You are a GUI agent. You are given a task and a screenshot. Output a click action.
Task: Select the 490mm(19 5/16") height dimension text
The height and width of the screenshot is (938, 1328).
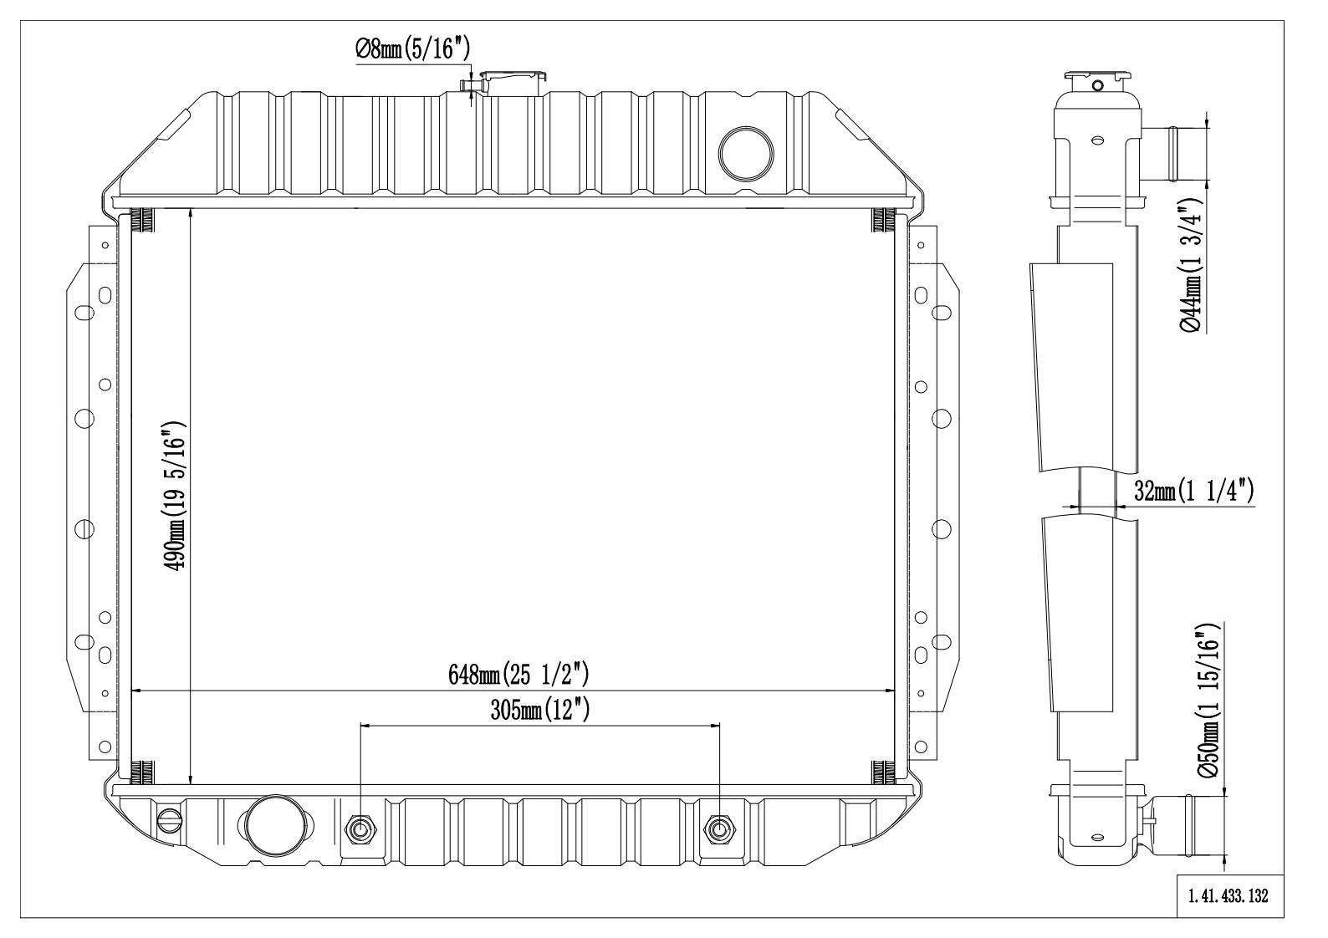(x=176, y=496)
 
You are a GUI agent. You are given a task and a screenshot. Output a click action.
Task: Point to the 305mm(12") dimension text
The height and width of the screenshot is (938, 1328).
(x=540, y=711)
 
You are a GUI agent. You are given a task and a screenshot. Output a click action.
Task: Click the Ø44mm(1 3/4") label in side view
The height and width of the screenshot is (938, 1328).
(x=1193, y=267)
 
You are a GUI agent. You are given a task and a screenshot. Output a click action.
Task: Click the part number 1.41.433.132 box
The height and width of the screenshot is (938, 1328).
(x=1228, y=896)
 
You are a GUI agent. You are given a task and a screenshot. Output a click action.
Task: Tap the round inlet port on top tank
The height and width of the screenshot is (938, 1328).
(x=747, y=151)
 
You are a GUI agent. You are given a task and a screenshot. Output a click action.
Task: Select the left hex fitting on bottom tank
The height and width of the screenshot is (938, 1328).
(x=361, y=829)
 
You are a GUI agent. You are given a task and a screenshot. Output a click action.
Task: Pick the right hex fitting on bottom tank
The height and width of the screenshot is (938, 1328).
(x=719, y=829)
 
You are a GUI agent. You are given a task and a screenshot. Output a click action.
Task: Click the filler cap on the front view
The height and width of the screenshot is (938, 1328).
(x=513, y=80)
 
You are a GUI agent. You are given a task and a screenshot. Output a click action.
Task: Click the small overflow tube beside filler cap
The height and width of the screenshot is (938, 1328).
(x=467, y=84)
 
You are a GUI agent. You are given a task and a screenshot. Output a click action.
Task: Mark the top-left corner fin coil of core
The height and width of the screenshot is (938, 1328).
(x=143, y=220)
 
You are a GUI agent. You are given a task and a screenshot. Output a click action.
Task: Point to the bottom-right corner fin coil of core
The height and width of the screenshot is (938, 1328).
(x=883, y=772)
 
